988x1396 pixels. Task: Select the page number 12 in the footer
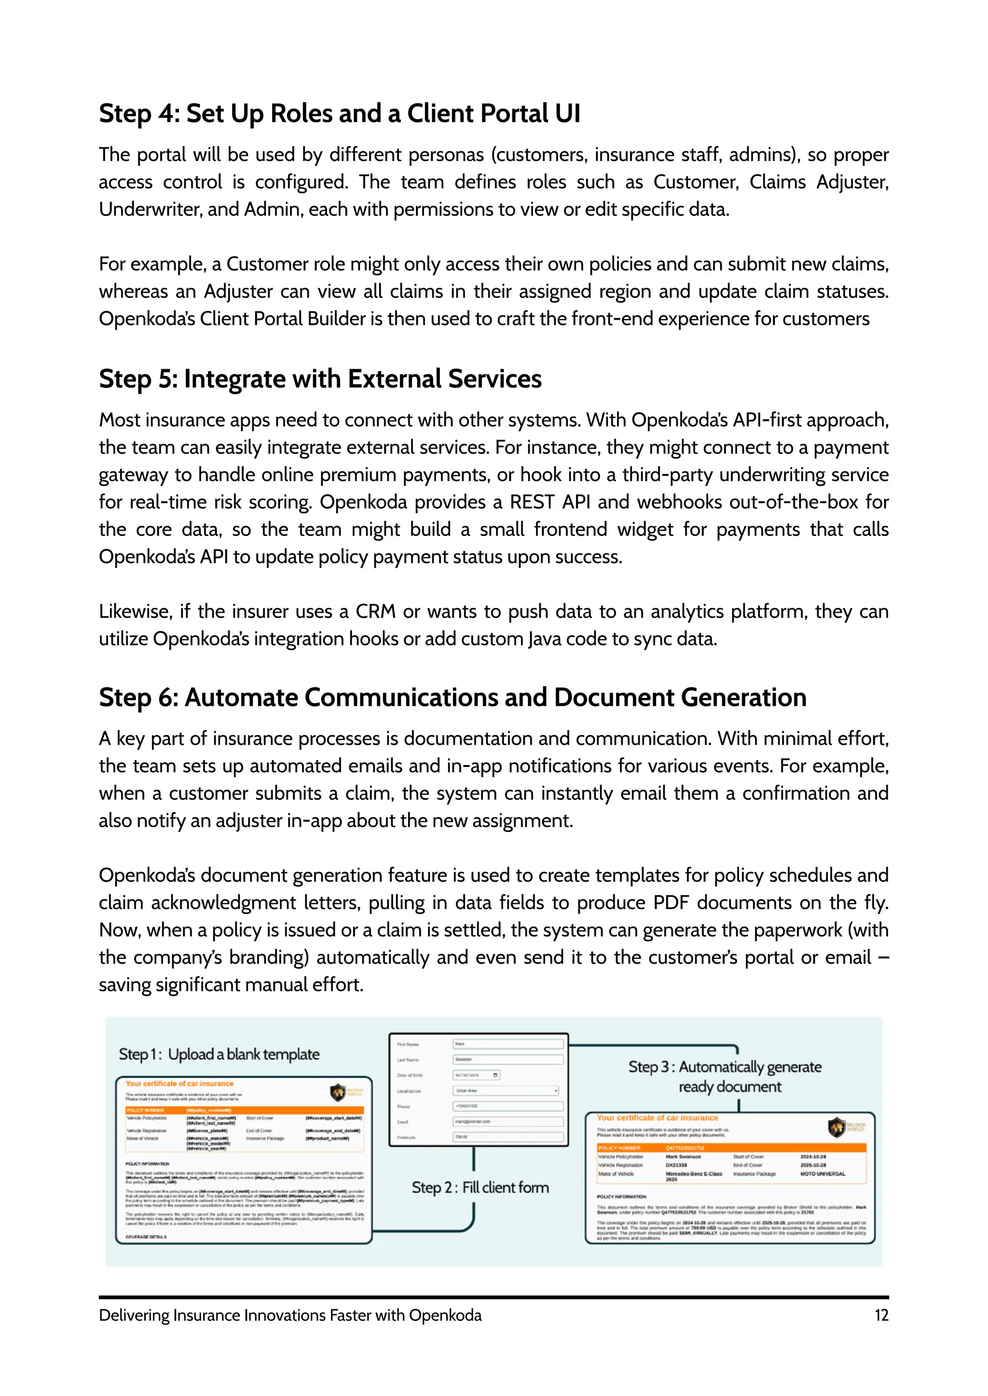tap(881, 1315)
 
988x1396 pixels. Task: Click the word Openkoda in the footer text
tap(445, 1315)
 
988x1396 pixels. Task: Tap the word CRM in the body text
tap(375, 612)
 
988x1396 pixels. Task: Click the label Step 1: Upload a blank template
tap(219, 1054)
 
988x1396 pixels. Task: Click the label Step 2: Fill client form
tap(480, 1187)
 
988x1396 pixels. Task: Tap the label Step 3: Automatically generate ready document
tap(725, 1077)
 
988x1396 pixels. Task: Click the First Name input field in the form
tap(508, 1044)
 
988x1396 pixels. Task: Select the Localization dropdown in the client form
tap(506, 1091)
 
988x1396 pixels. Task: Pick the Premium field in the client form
tap(508, 1137)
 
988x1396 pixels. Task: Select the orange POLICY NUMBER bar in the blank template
tap(244, 1110)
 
